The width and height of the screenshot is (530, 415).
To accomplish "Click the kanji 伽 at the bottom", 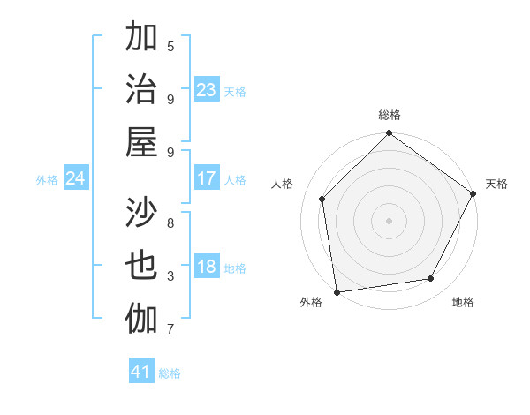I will (x=142, y=317).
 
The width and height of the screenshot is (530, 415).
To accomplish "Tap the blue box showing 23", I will (x=207, y=89).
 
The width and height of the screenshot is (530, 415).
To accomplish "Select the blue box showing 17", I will (x=207, y=178).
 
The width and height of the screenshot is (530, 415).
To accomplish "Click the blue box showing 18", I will (x=207, y=268).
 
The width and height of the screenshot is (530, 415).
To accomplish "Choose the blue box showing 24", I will (x=76, y=178).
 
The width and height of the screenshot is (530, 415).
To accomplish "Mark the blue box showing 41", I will (x=141, y=372).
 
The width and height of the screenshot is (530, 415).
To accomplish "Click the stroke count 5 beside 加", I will (x=170, y=46).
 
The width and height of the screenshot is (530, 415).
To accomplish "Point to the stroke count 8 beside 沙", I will (x=170, y=223).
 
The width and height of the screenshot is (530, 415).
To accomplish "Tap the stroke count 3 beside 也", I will (x=170, y=276).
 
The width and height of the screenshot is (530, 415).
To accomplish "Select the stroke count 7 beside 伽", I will (x=170, y=329).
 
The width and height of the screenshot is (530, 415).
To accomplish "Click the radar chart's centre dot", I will (x=389, y=220).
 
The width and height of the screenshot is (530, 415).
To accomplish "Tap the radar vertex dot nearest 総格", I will (x=389, y=134).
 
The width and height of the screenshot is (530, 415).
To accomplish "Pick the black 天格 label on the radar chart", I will (x=496, y=184).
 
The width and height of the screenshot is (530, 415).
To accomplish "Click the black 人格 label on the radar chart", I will (x=283, y=184).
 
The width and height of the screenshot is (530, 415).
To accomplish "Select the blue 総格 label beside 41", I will (x=170, y=373).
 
